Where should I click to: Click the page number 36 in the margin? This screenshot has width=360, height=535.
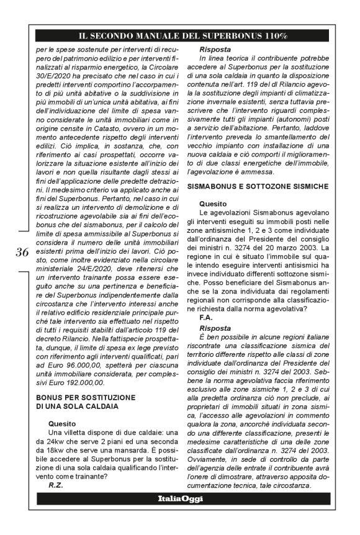pos(22,251)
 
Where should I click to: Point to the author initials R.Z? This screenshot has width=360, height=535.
pos(57,485)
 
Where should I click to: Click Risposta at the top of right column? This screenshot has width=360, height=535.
pos(215,48)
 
